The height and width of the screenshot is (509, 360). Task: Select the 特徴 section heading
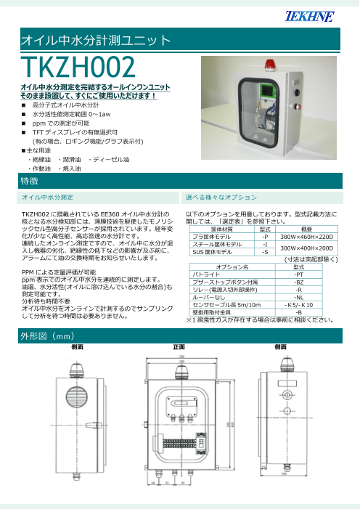[30, 179]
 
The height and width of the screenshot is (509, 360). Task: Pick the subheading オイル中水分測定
[46, 198]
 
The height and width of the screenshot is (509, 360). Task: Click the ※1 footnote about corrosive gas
[260, 319]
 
